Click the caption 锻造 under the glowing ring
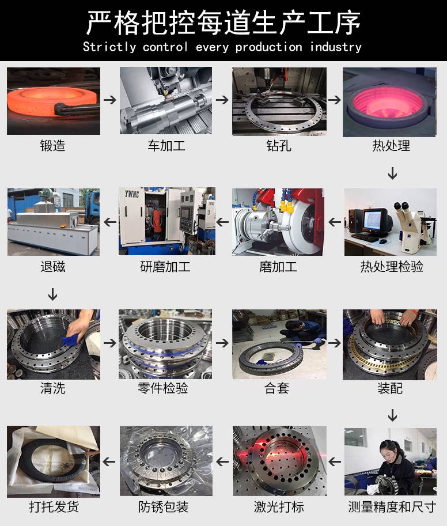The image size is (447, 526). pyautogui.click(x=52, y=146)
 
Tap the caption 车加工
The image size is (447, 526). pyautogui.click(x=166, y=146)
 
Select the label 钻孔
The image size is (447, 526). pyautogui.click(x=279, y=146)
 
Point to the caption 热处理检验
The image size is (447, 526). pyautogui.click(x=392, y=267)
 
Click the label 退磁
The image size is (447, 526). pyautogui.click(x=52, y=267)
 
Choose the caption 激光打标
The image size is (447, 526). pyautogui.click(x=279, y=506)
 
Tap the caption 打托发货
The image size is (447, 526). pyautogui.click(x=54, y=506)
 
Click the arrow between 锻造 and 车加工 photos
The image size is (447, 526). pyautogui.click(x=110, y=100)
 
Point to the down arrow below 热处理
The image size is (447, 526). pyautogui.click(x=392, y=173)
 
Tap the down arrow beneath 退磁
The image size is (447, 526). pyautogui.click(x=52, y=294)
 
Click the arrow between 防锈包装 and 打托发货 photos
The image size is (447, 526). pyautogui.click(x=109, y=462)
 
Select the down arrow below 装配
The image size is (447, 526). pyautogui.click(x=392, y=415)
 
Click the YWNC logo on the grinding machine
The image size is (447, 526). pyautogui.click(x=132, y=194)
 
